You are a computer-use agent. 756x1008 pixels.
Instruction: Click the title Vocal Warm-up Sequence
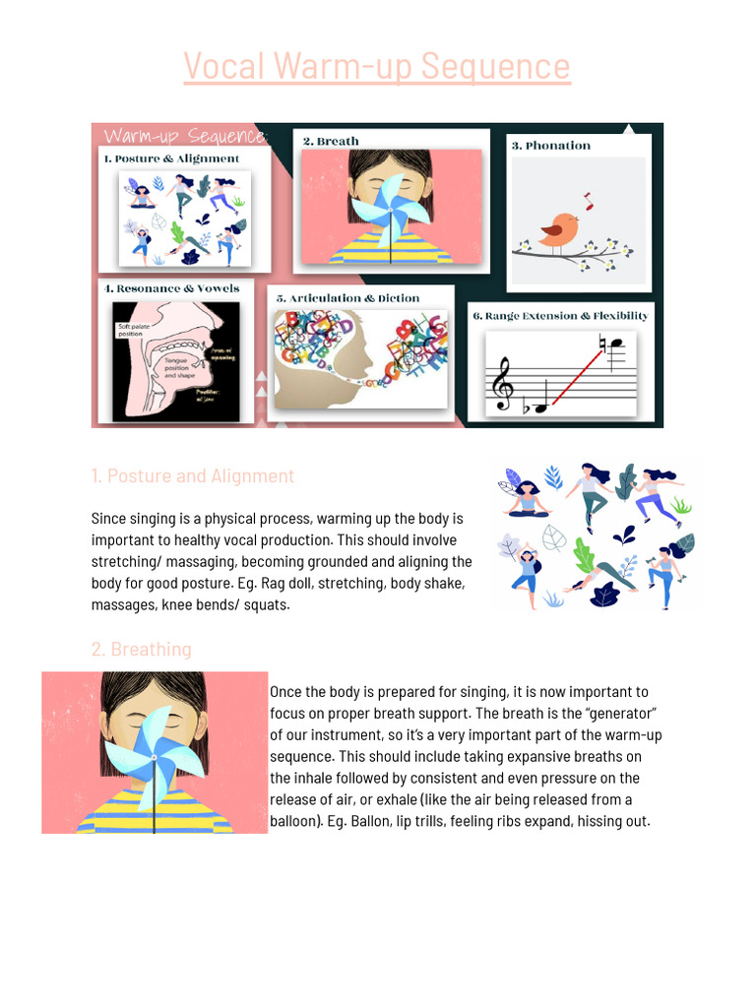pos(377,67)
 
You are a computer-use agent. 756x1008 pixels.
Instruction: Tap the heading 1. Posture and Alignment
pos(193,476)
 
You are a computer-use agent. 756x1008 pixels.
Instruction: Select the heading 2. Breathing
pos(141,650)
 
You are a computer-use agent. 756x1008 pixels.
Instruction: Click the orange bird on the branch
pos(559,229)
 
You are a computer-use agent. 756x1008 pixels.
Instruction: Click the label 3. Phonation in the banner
pos(550,146)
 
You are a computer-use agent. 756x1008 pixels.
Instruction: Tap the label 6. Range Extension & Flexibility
pos(560,316)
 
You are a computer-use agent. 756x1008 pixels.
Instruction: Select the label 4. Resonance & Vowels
pos(171,289)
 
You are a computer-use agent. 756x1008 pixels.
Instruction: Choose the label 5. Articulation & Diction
pos(347,298)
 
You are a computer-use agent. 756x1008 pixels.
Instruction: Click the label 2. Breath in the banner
pos(331,142)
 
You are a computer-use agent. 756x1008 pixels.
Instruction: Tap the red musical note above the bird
pos(589,201)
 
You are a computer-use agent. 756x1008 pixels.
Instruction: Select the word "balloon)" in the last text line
pos(298,821)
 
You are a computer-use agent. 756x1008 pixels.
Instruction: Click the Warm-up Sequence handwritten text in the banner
pos(184,136)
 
